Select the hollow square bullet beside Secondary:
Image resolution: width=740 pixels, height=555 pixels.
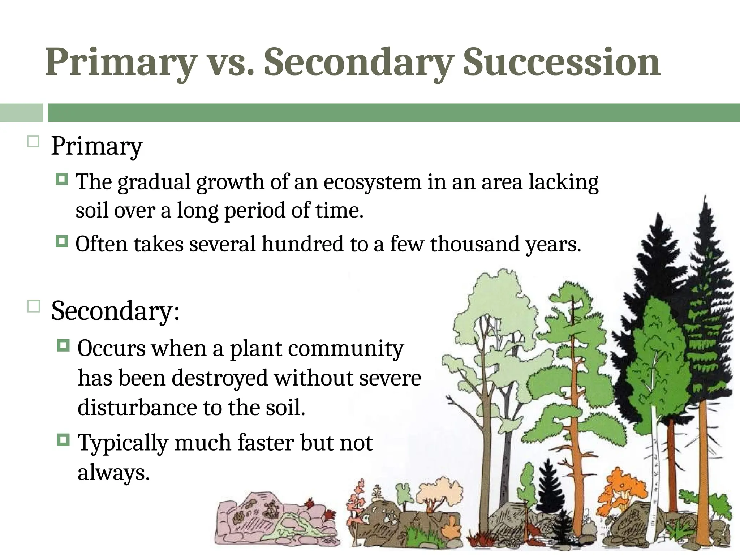point(33,307)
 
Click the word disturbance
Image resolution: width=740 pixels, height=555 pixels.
point(137,408)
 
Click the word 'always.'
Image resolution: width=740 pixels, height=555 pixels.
point(113,472)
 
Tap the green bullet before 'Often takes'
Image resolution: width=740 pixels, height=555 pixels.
point(62,241)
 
